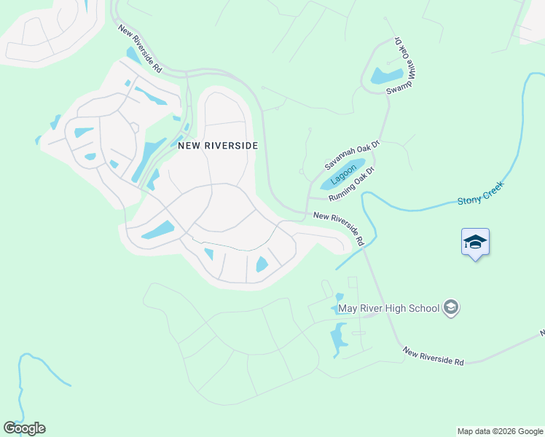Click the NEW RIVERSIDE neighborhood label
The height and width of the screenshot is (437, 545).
(x=218, y=146)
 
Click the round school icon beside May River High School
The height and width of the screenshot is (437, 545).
(x=451, y=307)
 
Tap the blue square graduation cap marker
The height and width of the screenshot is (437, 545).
(x=475, y=242)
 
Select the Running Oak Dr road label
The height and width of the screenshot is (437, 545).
(x=350, y=184)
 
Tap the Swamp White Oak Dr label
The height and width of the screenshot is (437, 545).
(x=402, y=65)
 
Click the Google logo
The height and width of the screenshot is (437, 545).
(x=24, y=428)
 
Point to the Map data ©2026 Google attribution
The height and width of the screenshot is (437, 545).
(x=500, y=431)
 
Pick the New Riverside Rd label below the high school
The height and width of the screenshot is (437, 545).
(x=433, y=356)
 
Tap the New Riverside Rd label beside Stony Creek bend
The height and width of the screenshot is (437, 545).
(x=340, y=227)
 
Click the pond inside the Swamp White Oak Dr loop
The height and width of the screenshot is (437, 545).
(x=386, y=75)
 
